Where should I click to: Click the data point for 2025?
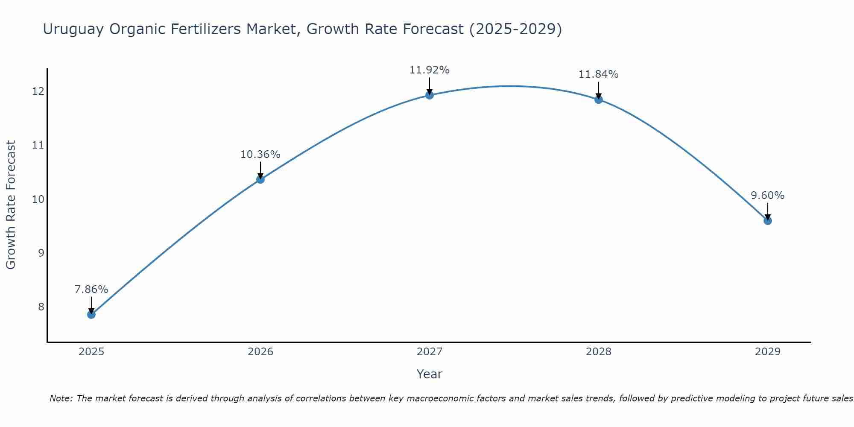pos(91,315)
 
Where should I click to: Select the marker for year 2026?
pos(260,179)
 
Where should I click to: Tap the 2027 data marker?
pos(430,95)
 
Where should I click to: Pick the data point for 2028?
pos(599,99)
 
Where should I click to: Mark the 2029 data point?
pos(768,221)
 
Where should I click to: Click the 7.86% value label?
pos(91,290)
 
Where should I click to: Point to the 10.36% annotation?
pos(260,155)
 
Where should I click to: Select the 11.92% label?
pos(430,70)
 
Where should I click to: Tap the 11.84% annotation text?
pos(599,74)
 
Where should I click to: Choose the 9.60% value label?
pos(768,196)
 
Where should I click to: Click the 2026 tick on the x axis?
pos(260,352)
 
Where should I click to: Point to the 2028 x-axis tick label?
pos(599,352)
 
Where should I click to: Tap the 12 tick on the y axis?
pos(38,91)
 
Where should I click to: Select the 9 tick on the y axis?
pos(41,253)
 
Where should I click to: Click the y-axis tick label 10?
pos(38,199)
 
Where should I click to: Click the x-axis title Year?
pos(430,374)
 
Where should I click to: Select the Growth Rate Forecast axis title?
pos(11,205)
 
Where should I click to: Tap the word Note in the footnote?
pos(61,398)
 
